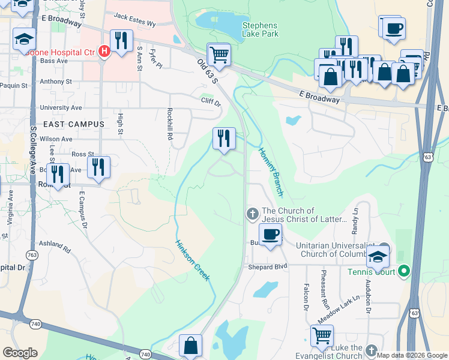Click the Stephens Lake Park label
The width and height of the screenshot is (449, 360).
260,29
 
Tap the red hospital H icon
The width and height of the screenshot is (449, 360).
104,52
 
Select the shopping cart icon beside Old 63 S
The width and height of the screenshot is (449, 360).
219,55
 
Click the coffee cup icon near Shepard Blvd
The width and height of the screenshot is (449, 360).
270,235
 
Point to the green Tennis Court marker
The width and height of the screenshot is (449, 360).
404,272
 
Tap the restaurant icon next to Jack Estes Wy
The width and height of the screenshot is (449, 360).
122,41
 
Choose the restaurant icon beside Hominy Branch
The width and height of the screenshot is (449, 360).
224,139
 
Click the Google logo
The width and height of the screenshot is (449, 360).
20,352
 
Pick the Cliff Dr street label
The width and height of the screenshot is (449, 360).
211,102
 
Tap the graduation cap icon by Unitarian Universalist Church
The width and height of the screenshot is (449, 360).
378,256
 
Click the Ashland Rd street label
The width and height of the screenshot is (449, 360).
55,246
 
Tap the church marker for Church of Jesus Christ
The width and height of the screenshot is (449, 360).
252,213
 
